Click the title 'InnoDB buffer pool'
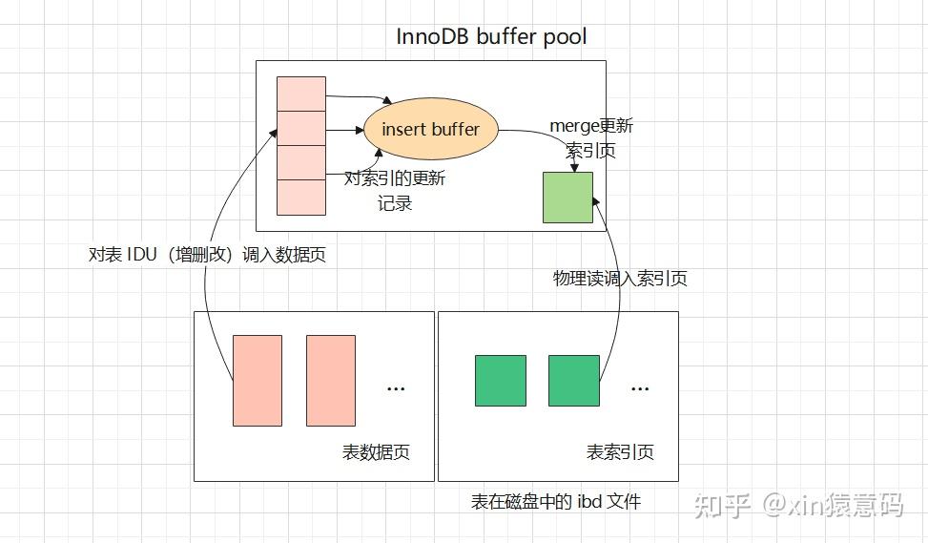coord(491,37)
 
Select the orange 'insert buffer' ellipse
coord(431,129)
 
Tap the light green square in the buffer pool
coord(567,198)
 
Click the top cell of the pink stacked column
coord(301,94)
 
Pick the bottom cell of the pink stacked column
coord(301,197)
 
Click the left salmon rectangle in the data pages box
coord(258,380)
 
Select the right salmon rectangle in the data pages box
coord(331,380)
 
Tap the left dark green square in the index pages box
coord(501,380)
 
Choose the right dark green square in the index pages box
coord(574,380)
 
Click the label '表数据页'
coord(376,452)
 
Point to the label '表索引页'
coord(620,452)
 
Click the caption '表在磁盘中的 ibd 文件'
coord(556,501)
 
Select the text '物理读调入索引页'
coord(620,279)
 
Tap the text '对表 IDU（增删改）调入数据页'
coord(207,255)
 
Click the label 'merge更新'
coord(591,126)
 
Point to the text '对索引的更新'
coord(395,178)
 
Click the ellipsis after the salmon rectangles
coord(396,387)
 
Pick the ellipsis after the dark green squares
coord(640,387)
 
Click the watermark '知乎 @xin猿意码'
coord(798,505)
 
